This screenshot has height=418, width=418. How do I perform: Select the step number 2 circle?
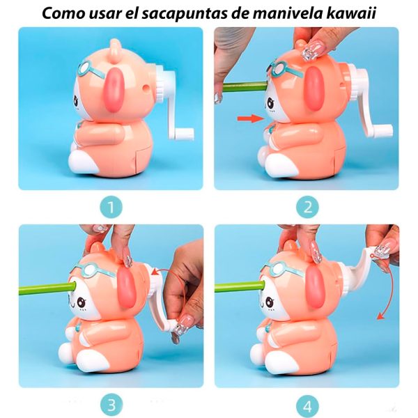click(x=307, y=207)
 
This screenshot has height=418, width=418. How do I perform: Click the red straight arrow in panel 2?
click(x=247, y=119)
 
